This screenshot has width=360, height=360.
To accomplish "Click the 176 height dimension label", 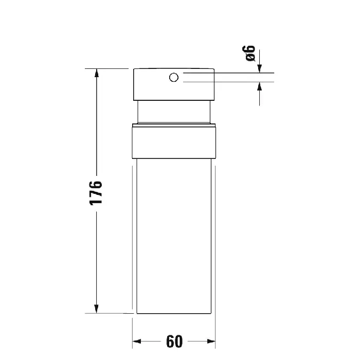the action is [x=96, y=193].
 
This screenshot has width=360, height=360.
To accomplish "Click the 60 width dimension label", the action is [x=174, y=341].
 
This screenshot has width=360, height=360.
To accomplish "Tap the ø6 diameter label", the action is [x=249, y=53].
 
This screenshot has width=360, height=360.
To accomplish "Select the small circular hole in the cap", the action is [x=174, y=77].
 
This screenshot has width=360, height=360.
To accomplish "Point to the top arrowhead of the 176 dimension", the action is [x=97, y=73].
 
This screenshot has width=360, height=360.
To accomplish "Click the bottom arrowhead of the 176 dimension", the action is [x=97, y=309].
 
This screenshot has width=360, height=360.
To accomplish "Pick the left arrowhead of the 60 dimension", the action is [x=137, y=341].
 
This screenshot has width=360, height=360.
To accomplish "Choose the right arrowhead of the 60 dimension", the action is [x=211, y=341].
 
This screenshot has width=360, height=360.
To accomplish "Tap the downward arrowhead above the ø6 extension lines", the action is [x=259, y=68].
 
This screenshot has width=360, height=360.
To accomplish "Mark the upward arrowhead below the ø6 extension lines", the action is [x=259, y=86].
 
